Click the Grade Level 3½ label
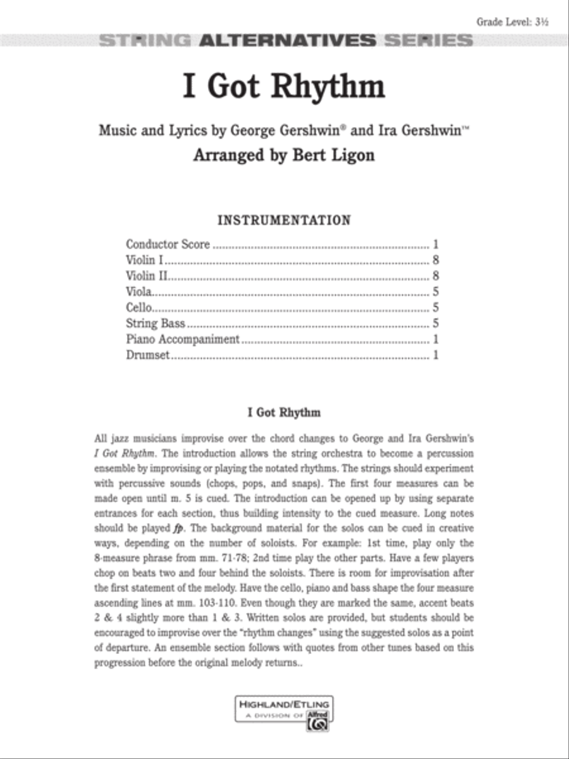pyautogui.click(x=512, y=22)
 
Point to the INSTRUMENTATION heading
pyautogui.click(x=284, y=220)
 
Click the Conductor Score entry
pyautogui.click(x=168, y=244)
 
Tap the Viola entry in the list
pyautogui.click(x=138, y=292)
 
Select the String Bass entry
pyautogui.click(x=156, y=323)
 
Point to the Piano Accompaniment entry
pyautogui.click(x=183, y=339)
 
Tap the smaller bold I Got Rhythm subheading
pyautogui.click(x=284, y=412)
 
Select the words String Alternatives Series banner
pyautogui.click(x=286, y=41)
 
